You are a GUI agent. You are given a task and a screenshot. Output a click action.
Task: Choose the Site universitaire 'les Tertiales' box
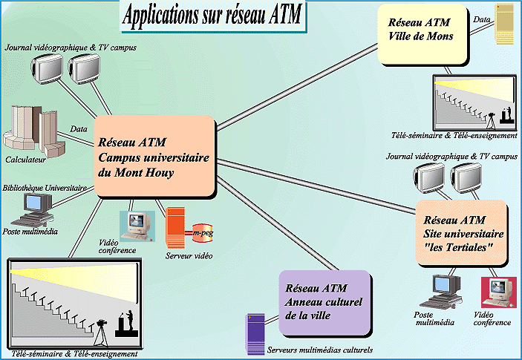460,233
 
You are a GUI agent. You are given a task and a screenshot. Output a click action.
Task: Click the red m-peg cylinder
202,233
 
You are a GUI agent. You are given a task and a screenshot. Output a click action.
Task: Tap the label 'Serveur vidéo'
189,256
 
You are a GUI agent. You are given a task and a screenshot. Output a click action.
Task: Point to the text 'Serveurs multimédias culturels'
319,349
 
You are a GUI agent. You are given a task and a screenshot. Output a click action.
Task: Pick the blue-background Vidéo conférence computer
135,224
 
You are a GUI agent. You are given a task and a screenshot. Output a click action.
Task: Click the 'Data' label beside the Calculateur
79,128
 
